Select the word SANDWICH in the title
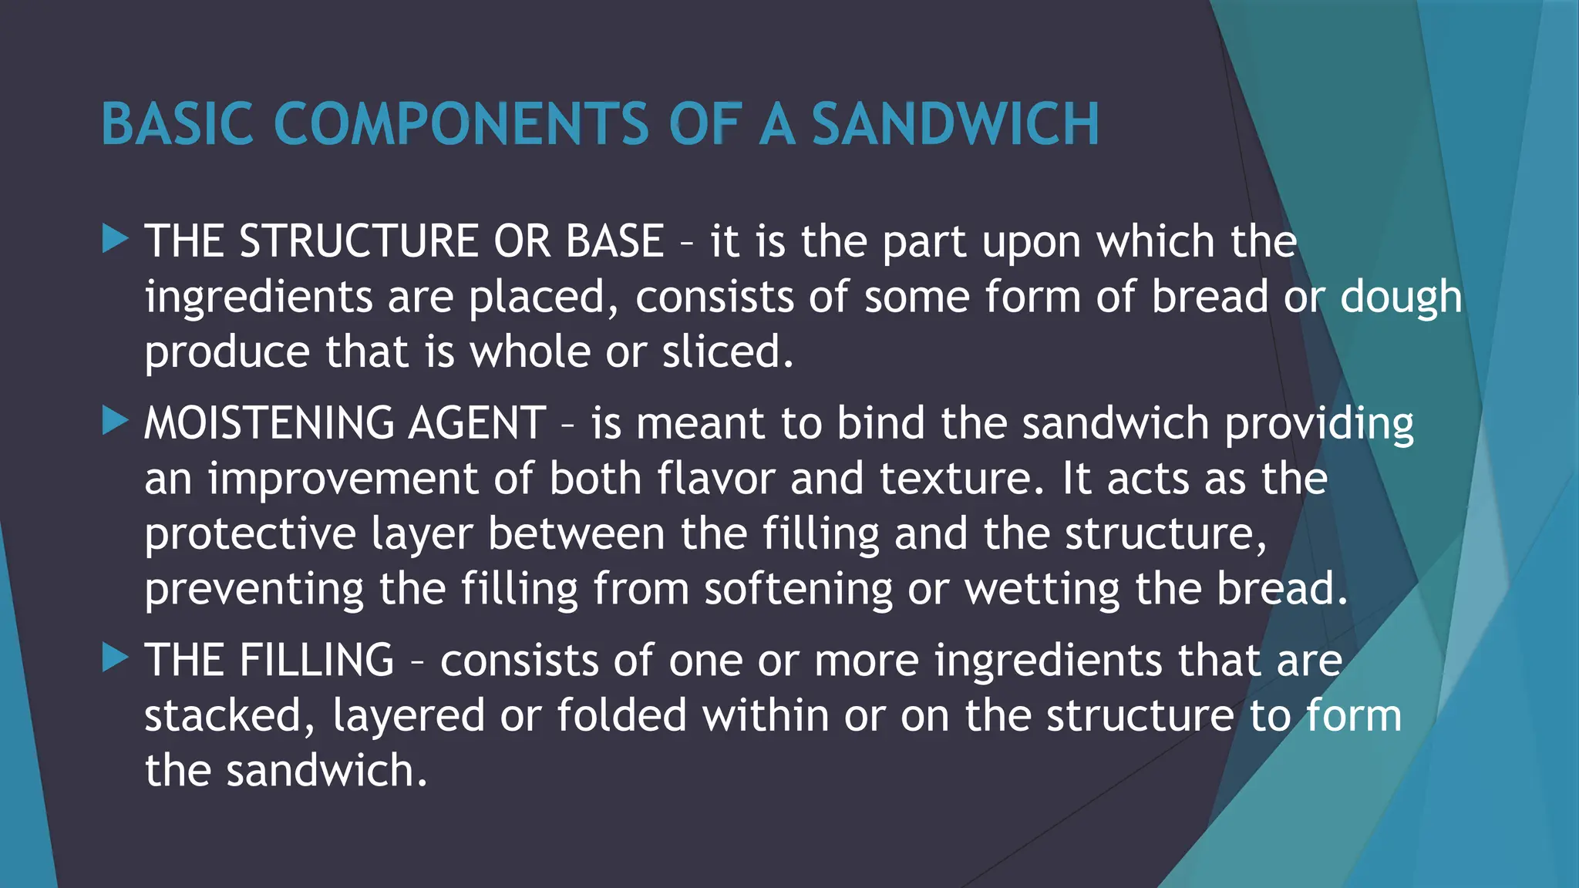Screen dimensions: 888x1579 [x=955, y=124]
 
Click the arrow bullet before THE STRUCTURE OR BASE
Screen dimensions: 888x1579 [x=115, y=239]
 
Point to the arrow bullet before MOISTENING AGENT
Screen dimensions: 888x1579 [x=115, y=421]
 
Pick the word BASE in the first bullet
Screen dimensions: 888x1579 [x=614, y=241]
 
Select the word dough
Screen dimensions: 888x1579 [x=1401, y=298]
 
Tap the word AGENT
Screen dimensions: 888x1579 [x=477, y=423]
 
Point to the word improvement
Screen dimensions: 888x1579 [x=343, y=479]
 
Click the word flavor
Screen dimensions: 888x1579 [x=716, y=479]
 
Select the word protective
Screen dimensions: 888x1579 [x=250, y=535]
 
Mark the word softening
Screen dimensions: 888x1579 [x=797, y=590]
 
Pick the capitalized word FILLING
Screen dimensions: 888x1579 [x=316, y=661]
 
